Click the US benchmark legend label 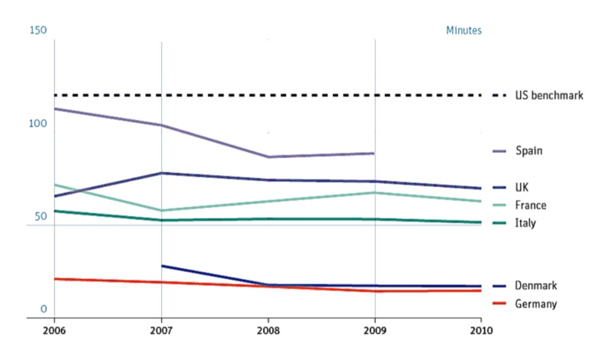(x=548, y=96)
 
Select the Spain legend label (x=529, y=151)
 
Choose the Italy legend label (x=525, y=223)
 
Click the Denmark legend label (x=536, y=286)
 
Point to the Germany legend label (x=536, y=304)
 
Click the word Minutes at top (x=463, y=31)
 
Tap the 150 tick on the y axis (x=38, y=31)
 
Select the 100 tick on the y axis (x=38, y=124)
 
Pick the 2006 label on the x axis (x=54, y=331)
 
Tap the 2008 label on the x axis (x=268, y=331)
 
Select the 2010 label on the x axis (x=481, y=331)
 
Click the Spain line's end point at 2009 (x=374, y=153)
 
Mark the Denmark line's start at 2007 (x=162, y=266)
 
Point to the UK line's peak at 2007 (x=161, y=173)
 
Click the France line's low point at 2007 (x=161, y=210)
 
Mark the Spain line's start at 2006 (x=55, y=109)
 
